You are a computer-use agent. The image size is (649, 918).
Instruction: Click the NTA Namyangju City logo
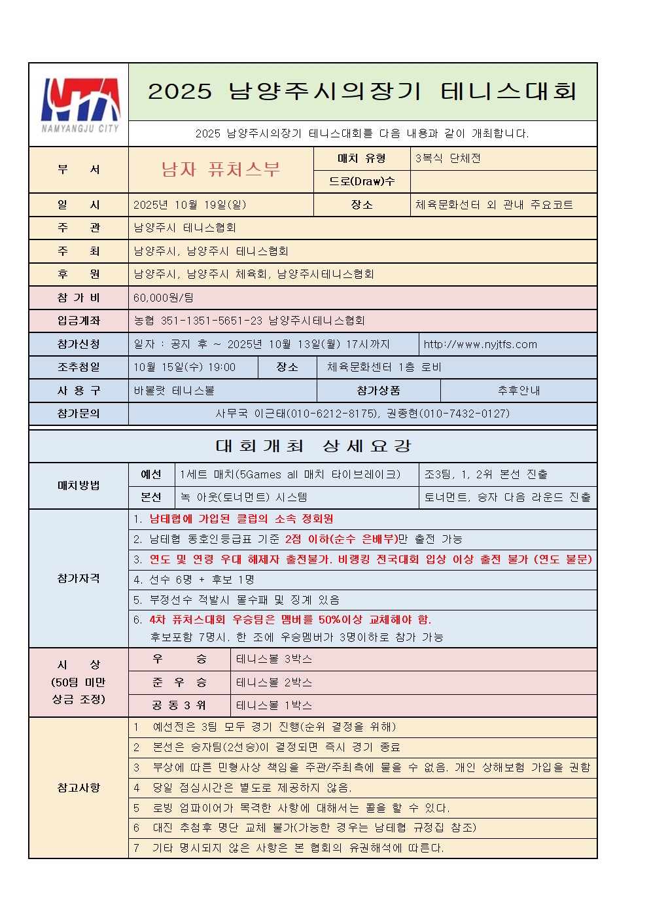(x=80, y=105)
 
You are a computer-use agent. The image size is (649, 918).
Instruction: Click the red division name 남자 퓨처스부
(x=220, y=169)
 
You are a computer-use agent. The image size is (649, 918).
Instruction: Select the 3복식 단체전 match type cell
(x=447, y=158)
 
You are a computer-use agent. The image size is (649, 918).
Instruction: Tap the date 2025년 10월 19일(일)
(x=190, y=205)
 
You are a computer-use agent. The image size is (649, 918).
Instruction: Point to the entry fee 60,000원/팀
(x=163, y=298)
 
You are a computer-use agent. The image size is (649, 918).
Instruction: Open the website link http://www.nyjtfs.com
(x=480, y=344)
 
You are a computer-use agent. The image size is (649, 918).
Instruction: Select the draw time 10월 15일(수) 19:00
(x=184, y=367)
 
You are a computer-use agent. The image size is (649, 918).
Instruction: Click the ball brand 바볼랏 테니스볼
(x=174, y=391)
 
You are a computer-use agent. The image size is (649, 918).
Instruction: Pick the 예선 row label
(x=151, y=474)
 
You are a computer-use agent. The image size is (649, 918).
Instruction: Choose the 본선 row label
(x=151, y=497)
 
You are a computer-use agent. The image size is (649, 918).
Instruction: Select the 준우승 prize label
(x=179, y=682)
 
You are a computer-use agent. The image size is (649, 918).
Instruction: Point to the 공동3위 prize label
(x=179, y=705)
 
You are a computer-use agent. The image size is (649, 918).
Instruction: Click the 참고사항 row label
(x=79, y=788)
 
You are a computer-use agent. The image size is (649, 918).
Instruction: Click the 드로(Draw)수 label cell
(x=362, y=181)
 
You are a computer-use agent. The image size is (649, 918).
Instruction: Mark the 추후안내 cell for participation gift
(x=518, y=391)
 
